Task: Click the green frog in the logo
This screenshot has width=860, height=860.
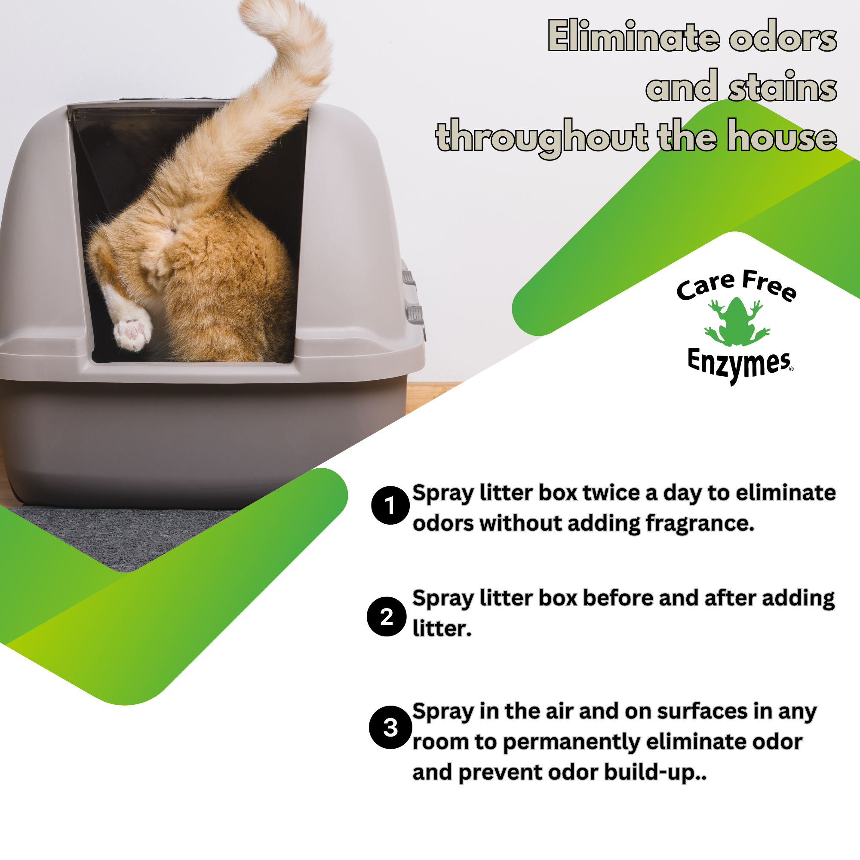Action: click(737, 321)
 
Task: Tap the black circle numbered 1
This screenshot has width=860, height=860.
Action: click(390, 505)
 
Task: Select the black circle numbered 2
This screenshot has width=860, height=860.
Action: click(387, 617)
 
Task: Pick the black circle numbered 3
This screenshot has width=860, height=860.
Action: click(390, 728)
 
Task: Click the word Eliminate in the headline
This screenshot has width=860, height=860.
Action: click(633, 37)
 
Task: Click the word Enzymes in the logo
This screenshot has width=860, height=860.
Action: click(738, 364)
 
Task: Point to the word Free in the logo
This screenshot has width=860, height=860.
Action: click(769, 286)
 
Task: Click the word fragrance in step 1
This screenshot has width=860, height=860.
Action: click(700, 523)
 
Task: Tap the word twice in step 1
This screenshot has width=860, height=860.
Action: click(612, 493)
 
